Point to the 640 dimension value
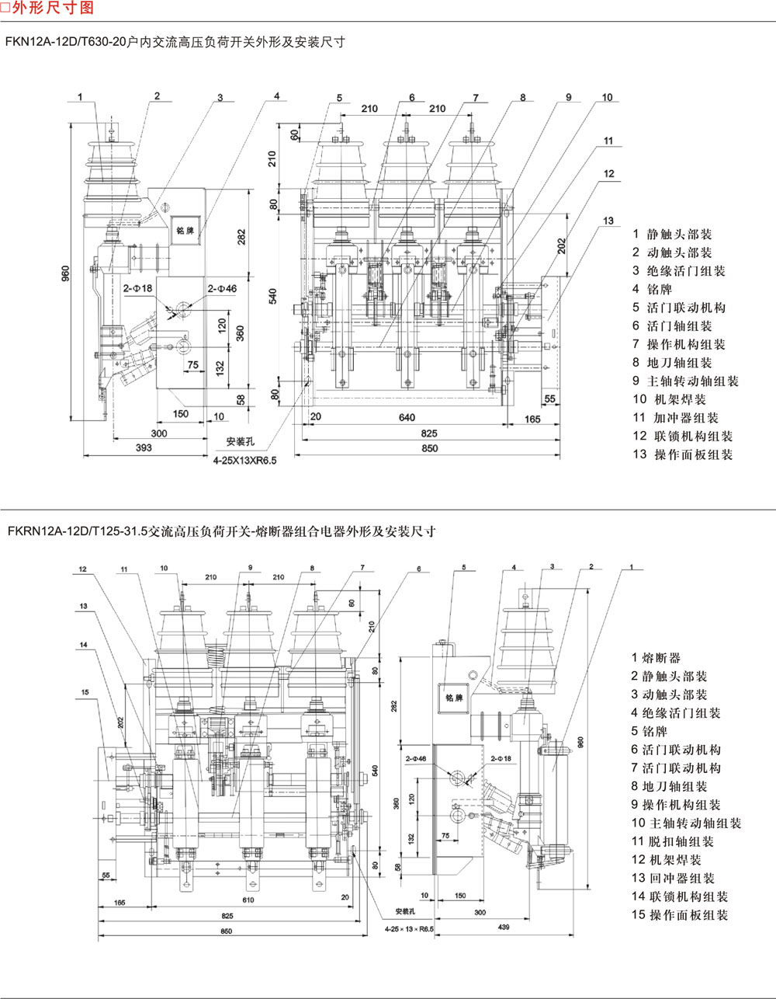[x=406, y=418]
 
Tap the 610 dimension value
[x=247, y=900]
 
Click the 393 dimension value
[x=143, y=448]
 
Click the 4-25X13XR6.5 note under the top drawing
[x=244, y=461]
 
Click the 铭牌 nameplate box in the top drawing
[x=185, y=231]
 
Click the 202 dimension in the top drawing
[x=561, y=245]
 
